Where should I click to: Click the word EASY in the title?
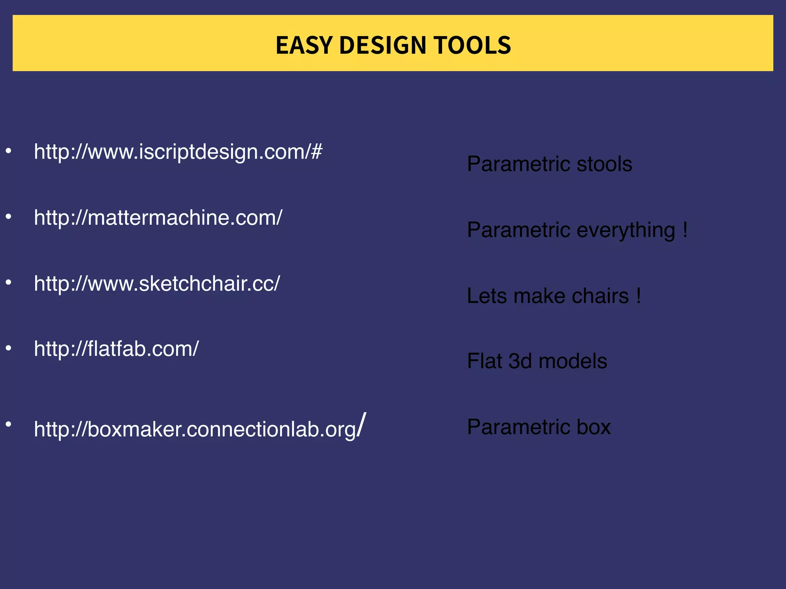[303, 45]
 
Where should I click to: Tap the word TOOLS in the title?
[472, 45]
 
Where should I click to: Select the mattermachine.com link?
[158, 218]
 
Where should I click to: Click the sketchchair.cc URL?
[157, 284]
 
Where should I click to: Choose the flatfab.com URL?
[116, 349]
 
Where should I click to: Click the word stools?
[604, 164]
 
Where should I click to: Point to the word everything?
[626, 230]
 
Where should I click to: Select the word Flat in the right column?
[484, 361]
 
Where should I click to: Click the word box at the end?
[593, 427]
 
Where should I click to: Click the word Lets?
[487, 296]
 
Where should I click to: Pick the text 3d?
[520, 361]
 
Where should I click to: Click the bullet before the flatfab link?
[8, 348]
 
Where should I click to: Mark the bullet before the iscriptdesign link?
[8, 151]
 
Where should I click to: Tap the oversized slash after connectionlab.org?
[361, 424]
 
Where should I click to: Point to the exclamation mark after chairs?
[638, 296]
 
